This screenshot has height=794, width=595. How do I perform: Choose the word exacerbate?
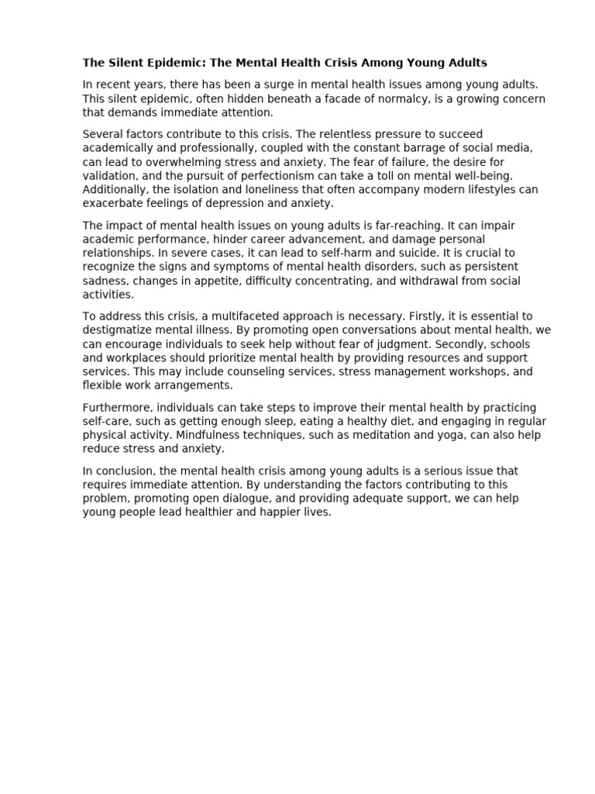click(113, 203)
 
